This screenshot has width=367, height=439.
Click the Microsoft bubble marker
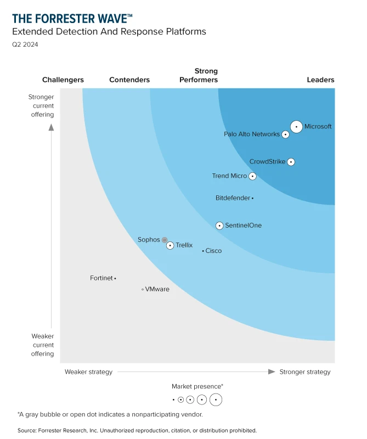[296, 126]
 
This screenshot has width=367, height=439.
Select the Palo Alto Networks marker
[285, 134]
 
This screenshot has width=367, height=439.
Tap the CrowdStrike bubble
[291, 162]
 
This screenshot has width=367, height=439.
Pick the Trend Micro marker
[252, 176]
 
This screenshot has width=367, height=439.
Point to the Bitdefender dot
[252, 198]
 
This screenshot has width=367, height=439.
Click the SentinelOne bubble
[219, 226]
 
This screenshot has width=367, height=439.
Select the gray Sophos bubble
[165, 240]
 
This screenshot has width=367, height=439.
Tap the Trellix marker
[170, 245]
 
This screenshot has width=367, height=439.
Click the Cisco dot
[203, 251]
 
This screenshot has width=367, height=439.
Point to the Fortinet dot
[115, 278]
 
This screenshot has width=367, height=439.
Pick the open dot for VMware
[143, 289]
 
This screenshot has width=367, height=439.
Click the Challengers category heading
[63, 80]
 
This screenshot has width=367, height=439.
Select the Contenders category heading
[129, 80]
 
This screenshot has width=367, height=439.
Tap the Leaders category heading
[320, 80]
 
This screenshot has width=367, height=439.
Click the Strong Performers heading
[199, 75]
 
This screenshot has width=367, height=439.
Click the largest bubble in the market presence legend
[216, 399]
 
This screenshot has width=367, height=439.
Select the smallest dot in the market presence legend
[173, 399]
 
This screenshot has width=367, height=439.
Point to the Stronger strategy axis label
[305, 372]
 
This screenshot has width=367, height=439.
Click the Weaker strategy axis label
[88, 372]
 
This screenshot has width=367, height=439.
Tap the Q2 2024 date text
[25, 44]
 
